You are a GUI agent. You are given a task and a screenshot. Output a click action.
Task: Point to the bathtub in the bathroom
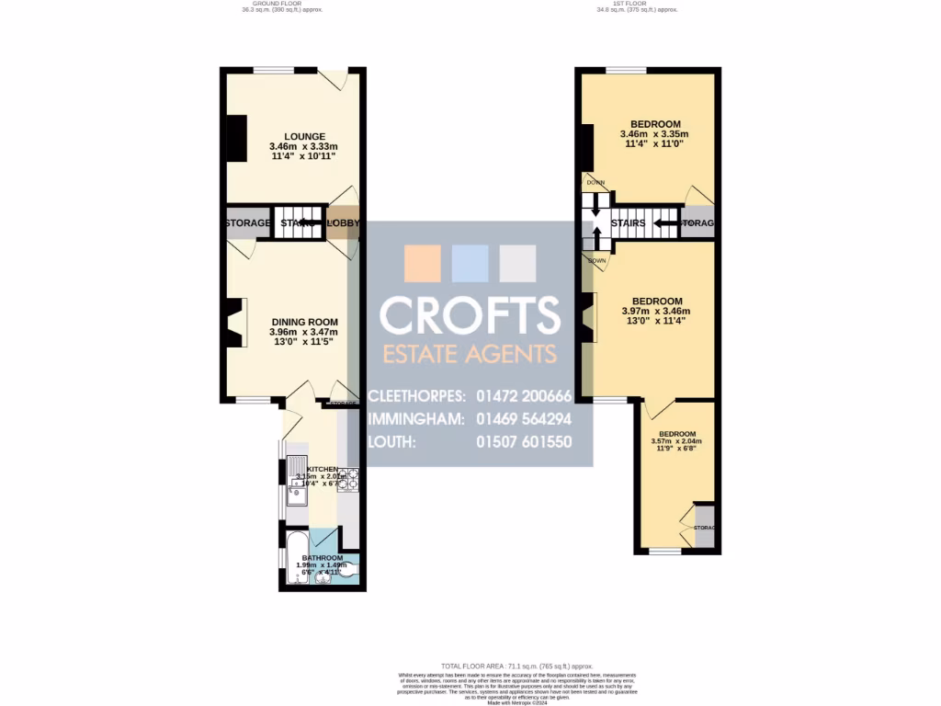[x=295, y=560]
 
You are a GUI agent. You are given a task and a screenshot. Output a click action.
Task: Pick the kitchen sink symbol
[x=296, y=496]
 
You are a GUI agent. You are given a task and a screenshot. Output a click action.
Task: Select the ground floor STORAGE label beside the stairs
[x=248, y=223]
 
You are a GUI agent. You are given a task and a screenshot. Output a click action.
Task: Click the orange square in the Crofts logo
[x=423, y=263]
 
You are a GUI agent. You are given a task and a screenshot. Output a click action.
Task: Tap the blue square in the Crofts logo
[x=470, y=263]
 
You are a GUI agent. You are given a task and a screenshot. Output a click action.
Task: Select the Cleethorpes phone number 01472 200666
[x=524, y=396]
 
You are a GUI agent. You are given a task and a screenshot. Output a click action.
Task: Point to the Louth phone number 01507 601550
[x=524, y=442]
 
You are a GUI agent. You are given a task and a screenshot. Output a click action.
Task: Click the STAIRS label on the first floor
[x=629, y=223]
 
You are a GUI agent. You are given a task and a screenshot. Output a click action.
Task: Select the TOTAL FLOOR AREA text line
[x=516, y=666]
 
